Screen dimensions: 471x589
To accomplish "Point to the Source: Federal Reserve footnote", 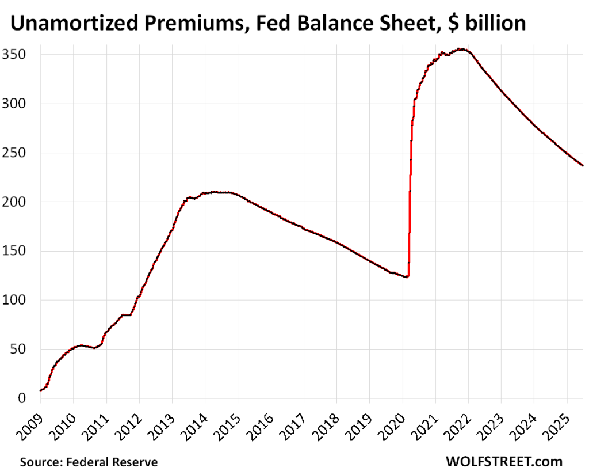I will (89, 462).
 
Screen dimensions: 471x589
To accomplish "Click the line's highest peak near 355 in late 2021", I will (460, 50).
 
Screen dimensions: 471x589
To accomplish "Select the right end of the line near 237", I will (582, 165).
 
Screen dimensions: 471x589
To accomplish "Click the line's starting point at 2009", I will (41, 390).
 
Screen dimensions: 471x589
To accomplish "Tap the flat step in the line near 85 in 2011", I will (126, 315).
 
